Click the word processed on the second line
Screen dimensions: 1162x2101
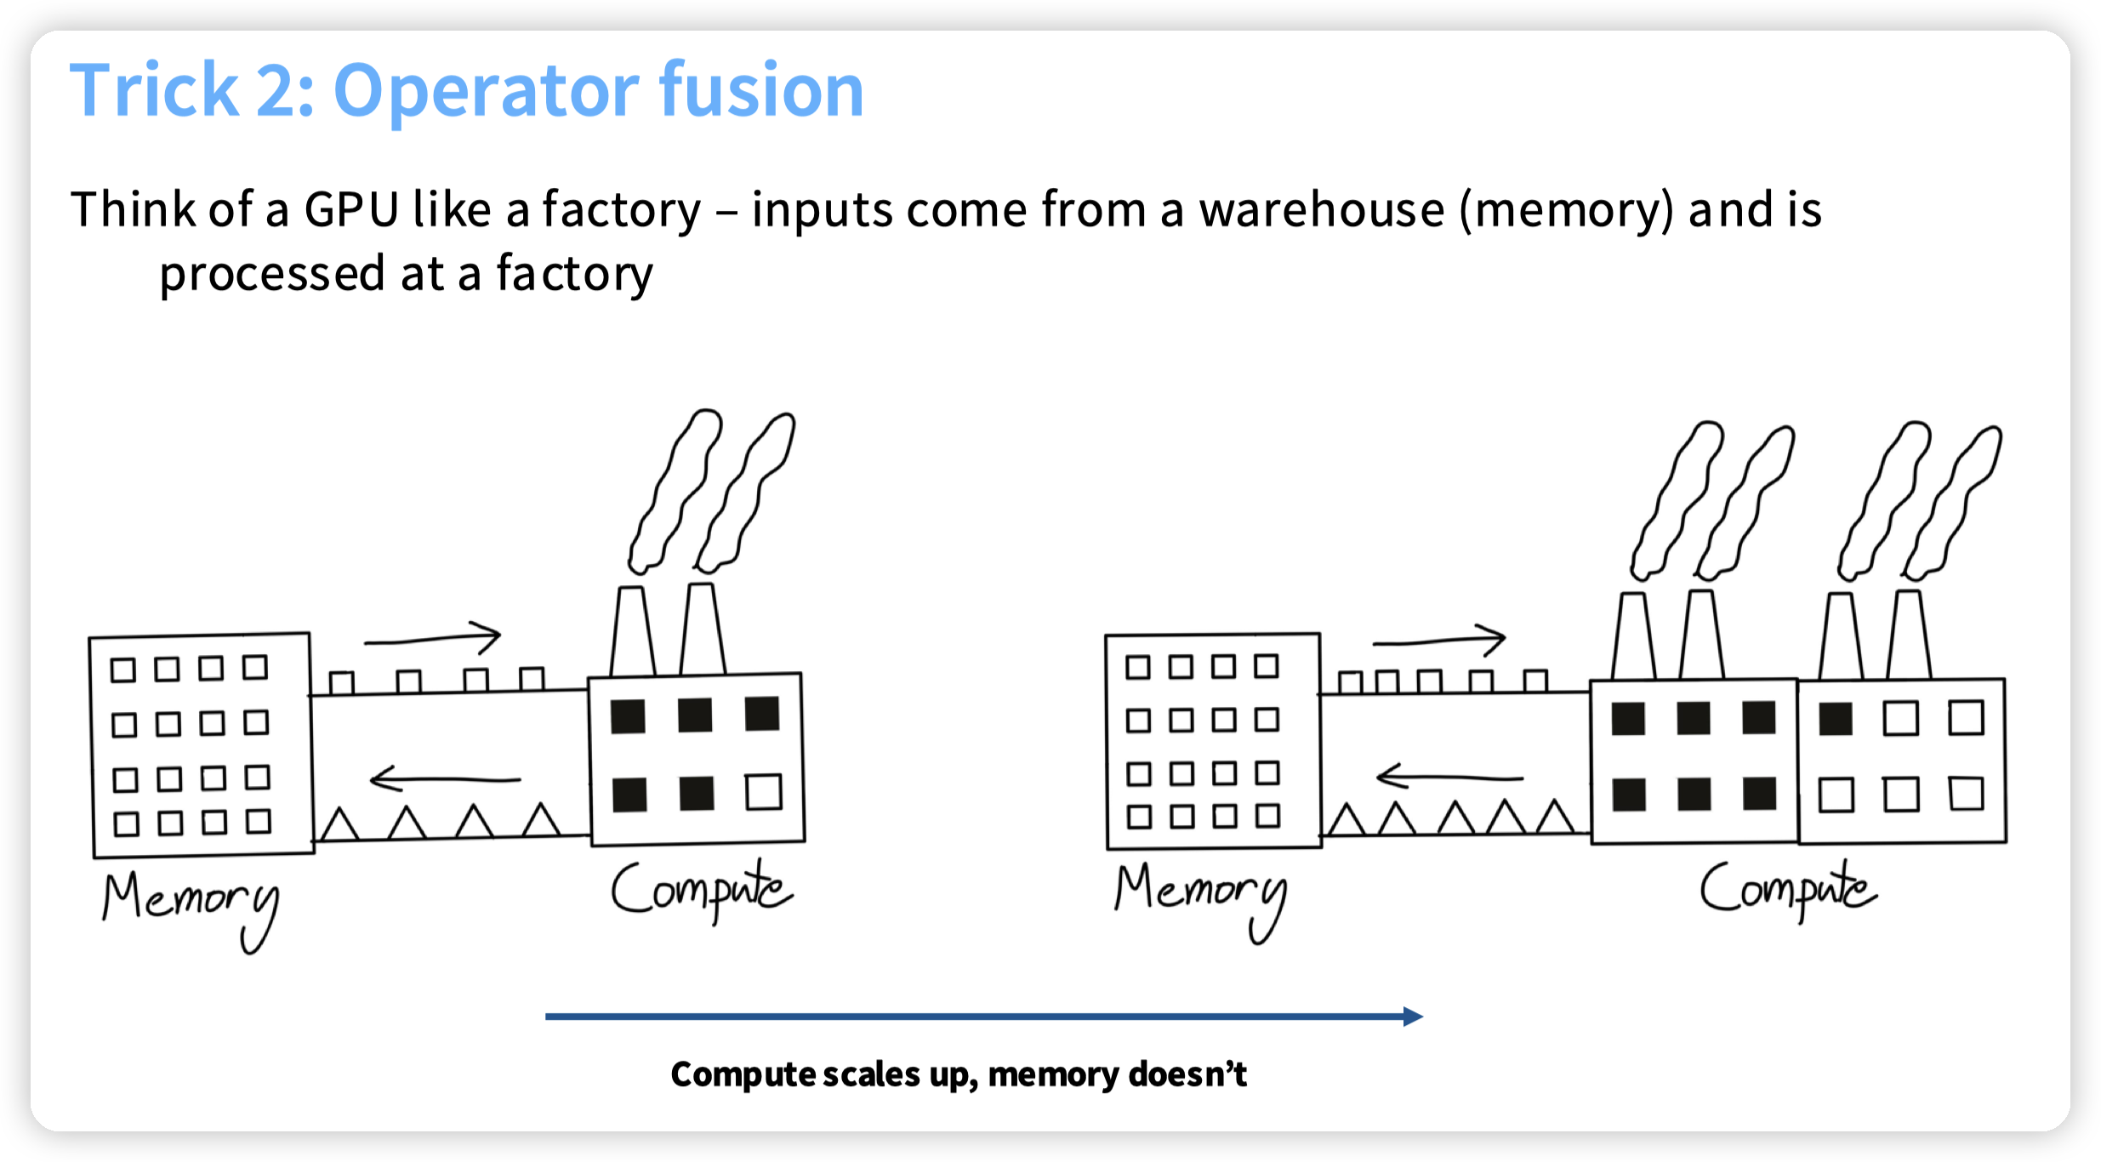pyautogui.click(x=272, y=274)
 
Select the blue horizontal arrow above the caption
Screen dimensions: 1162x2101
pyautogui.click(x=983, y=1016)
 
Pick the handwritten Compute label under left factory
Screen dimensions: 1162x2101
pyautogui.click(x=701, y=890)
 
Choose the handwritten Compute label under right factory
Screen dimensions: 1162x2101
pyautogui.click(x=1787, y=890)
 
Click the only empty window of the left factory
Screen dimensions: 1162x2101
pyautogui.click(x=763, y=792)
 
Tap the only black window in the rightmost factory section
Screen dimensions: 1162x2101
pyautogui.click(x=1836, y=719)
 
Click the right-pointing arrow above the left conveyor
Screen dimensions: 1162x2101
pyautogui.click(x=434, y=638)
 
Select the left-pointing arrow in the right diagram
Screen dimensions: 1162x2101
pyautogui.click(x=1449, y=777)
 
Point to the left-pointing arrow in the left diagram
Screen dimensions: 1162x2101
pyautogui.click(x=444, y=778)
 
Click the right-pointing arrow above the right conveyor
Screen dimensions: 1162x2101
pyautogui.click(x=1439, y=640)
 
